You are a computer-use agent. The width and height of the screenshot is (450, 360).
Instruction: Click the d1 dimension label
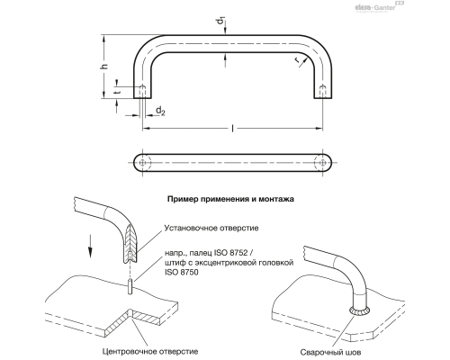(x=221, y=21)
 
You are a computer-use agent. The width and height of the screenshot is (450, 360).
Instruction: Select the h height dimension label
(x=104, y=67)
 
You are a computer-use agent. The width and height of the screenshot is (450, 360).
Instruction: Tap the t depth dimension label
(x=118, y=92)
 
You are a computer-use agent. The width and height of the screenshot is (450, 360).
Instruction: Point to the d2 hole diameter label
(x=160, y=111)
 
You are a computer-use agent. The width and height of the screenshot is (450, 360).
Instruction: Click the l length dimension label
(x=233, y=129)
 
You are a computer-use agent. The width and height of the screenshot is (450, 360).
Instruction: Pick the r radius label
(x=297, y=60)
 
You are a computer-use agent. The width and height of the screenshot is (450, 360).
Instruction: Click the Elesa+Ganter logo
(x=379, y=6)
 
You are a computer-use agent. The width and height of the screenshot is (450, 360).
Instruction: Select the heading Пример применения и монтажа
(x=230, y=199)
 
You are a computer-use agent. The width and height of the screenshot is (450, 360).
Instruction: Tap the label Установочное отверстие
(x=211, y=228)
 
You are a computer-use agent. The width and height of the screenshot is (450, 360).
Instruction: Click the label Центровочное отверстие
(x=150, y=351)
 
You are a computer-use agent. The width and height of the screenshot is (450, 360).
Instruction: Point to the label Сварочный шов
(x=330, y=352)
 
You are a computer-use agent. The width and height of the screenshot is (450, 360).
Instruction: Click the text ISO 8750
(x=182, y=273)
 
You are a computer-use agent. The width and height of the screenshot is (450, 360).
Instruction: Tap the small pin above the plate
(x=130, y=286)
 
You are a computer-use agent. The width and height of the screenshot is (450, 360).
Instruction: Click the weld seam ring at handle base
(x=360, y=310)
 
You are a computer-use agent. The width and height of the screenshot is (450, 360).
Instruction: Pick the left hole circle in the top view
(x=143, y=163)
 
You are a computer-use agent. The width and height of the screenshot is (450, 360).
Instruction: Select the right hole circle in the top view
(x=323, y=163)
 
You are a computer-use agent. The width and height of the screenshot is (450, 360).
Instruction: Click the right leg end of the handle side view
(x=323, y=98)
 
